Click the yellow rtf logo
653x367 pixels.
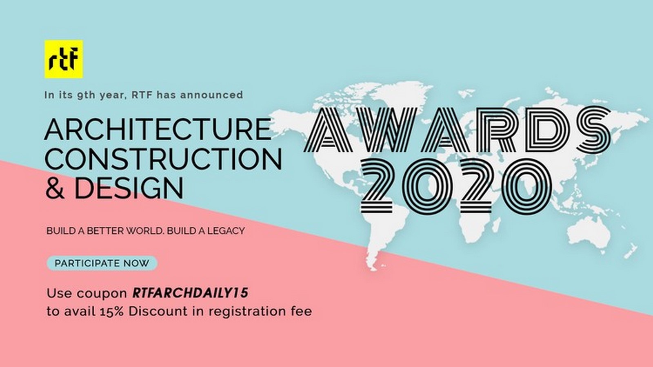(64, 59)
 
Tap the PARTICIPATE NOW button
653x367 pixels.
(102, 263)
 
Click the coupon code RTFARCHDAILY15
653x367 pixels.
(190, 293)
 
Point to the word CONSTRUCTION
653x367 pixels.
(164, 159)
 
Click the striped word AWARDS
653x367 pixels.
(457, 129)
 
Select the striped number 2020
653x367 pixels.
(457, 187)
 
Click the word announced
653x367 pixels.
(211, 95)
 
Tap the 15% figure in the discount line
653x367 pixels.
(111, 312)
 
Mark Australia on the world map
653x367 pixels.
(589, 232)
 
